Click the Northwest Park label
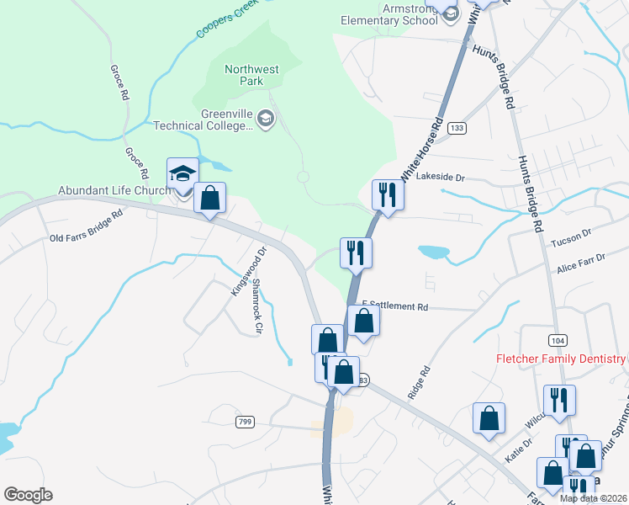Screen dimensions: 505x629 251,75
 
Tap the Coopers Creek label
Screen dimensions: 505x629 226,19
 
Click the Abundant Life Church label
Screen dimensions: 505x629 114,190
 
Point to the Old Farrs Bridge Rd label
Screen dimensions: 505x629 87,225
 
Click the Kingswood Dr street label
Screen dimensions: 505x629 248,270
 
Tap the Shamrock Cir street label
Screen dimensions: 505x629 258,307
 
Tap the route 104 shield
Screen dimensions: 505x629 556,339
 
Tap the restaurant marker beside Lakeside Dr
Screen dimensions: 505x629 388,194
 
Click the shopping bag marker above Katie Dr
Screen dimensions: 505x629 489,418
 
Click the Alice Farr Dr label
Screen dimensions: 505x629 580,263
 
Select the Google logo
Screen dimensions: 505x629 28,495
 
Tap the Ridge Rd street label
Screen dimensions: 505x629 419,382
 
